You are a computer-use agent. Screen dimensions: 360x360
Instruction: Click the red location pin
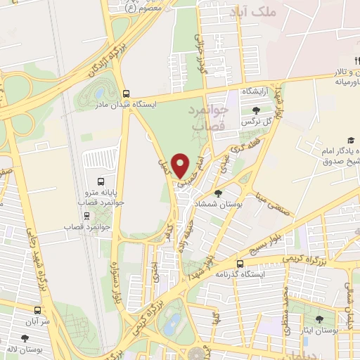pos(181,165)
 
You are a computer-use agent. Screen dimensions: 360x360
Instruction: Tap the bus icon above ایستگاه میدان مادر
pos(126,94)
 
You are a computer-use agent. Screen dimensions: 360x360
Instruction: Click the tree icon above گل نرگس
pos(256,110)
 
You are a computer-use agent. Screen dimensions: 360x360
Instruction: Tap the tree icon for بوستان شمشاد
pos(218,193)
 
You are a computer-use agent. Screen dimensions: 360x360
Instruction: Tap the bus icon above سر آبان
pos(37,309)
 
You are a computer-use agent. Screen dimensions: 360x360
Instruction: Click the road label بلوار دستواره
pos(113,281)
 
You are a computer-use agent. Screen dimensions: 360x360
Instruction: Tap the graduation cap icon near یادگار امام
pos(350,141)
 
